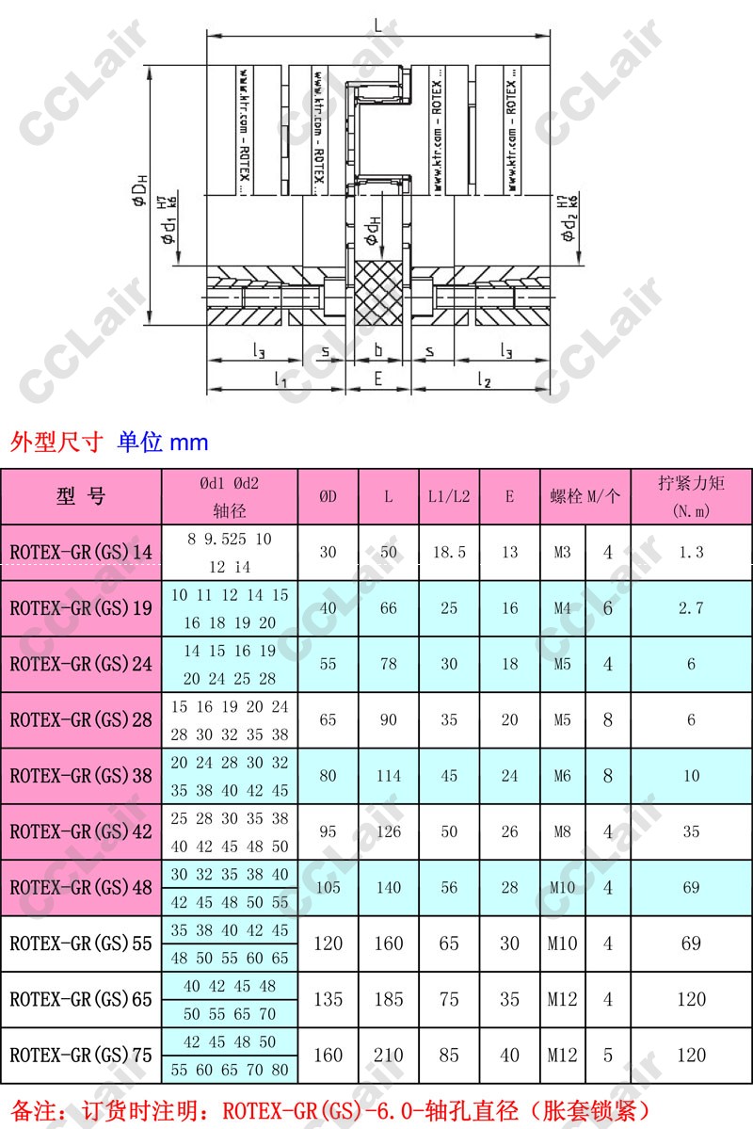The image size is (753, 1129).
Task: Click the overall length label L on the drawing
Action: [378, 26]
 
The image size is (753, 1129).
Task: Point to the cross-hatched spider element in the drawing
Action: [378, 294]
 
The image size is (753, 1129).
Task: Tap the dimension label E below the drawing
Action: [378, 379]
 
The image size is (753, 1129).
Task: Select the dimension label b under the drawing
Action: [378, 350]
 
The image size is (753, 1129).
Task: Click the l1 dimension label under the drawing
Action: [280, 379]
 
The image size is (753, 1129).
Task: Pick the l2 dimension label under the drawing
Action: [485, 379]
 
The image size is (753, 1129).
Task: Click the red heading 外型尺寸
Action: [56, 442]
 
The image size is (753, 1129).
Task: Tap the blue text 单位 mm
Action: [163, 442]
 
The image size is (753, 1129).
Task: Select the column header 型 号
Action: [81, 496]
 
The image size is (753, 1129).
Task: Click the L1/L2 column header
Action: [448, 496]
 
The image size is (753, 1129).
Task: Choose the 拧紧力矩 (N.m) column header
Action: [691, 496]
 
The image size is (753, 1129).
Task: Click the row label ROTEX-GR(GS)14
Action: [81, 553]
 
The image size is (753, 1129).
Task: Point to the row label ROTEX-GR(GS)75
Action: [81, 1055]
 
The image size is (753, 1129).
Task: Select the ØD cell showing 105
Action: [328, 887]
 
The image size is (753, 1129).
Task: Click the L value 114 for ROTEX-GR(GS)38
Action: [389, 776]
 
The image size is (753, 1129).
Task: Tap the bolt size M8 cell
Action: [562, 831]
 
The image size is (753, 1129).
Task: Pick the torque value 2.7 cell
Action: [691, 608]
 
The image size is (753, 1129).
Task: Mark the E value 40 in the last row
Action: [509, 1055]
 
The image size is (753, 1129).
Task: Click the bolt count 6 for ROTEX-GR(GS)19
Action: [608, 608]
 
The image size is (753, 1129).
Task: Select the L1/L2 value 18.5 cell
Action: [449, 553]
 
